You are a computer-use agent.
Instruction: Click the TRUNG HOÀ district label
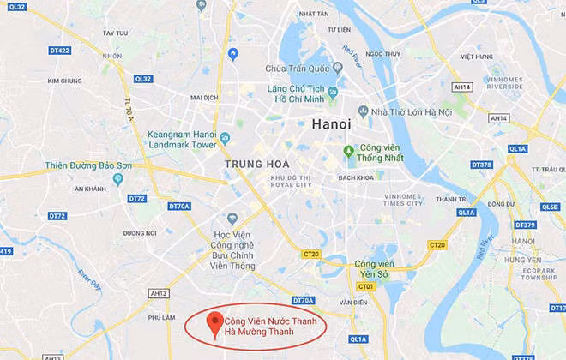pyautogui.click(x=257, y=163)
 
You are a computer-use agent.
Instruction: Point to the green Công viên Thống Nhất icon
pyautogui.click(x=349, y=152)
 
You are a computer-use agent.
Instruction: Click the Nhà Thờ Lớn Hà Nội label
pyautogui.click(x=400, y=111)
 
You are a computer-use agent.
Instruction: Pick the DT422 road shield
pyautogui.click(x=58, y=50)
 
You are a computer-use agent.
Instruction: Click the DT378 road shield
pyautogui.click(x=481, y=165)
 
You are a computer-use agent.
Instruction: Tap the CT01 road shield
pyautogui.click(x=367, y=286)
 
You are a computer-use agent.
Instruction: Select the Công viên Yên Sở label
pyautogui.click(x=374, y=268)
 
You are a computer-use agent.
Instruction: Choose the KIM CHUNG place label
pyautogui.click(x=64, y=81)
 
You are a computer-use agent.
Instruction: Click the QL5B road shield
pyautogui.click(x=550, y=206)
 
